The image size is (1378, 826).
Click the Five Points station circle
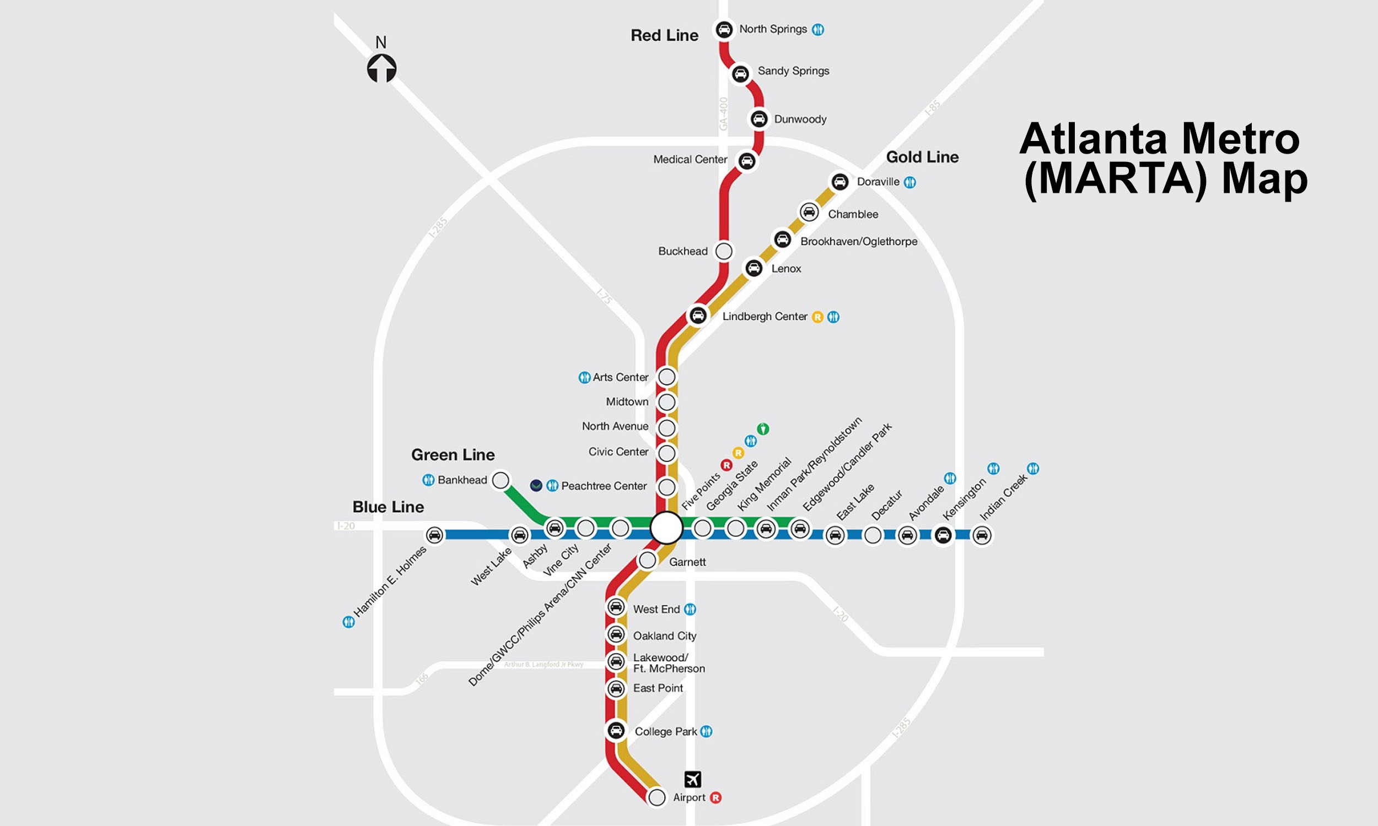pyautogui.click(x=667, y=527)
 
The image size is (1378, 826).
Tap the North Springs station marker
pyautogui.click(x=724, y=29)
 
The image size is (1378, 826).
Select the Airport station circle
pyautogui.click(x=656, y=797)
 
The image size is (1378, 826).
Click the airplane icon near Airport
pyautogui.click(x=692, y=779)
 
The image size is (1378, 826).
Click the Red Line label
pyautogui.click(x=664, y=36)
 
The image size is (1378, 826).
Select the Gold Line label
pyautogui.click(x=922, y=157)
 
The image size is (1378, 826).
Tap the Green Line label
pyautogui.click(x=453, y=455)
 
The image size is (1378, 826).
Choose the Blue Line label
pyautogui.click(x=387, y=507)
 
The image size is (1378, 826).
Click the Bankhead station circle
pyautogui.click(x=500, y=480)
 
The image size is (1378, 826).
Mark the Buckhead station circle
pyautogui.click(x=724, y=251)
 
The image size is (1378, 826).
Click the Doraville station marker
pyautogui.click(x=839, y=182)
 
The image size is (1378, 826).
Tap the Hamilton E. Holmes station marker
pyautogui.click(x=434, y=535)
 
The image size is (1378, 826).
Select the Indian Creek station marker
pyautogui.click(x=982, y=535)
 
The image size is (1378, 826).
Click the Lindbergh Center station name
pyautogui.click(x=764, y=317)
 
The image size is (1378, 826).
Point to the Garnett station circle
pyautogui.click(x=647, y=560)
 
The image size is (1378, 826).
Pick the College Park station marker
pyautogui.click(x=616, y=730)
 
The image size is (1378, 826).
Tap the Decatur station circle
pyautogui.click(x=872, y=535)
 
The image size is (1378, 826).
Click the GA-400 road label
pyautogui.click(x=724, y=114)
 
